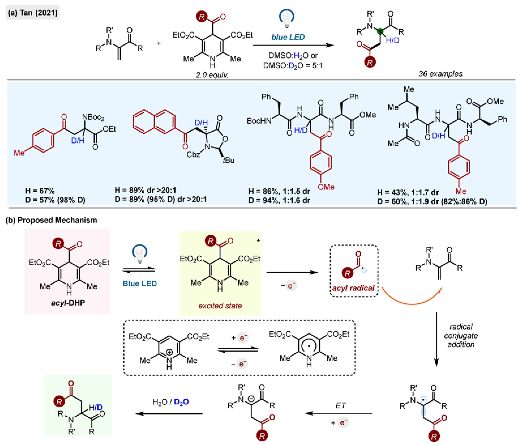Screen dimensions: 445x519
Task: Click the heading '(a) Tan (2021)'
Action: (x=33, y=12)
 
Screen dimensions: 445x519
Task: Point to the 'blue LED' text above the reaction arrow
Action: (x=288, y=37)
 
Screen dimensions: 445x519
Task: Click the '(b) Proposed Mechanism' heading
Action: (x=51, y=220)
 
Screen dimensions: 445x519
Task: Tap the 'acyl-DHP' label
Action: (x=68, y=303)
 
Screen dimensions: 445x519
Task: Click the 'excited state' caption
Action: (x=220, y=306)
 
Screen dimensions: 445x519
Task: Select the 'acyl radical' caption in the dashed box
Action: (x=353, y=288)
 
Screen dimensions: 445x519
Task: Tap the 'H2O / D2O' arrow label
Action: (x=171, y=402)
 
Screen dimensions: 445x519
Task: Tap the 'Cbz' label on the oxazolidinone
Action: (x=193, y=155)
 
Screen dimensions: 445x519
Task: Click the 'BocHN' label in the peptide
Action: (x=259, y=121)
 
